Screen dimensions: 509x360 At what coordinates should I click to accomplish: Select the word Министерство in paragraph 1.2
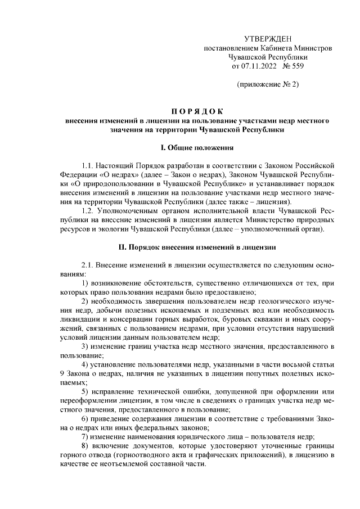(x=286, y=220)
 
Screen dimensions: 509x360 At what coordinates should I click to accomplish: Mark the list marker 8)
(x=86, y=445)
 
